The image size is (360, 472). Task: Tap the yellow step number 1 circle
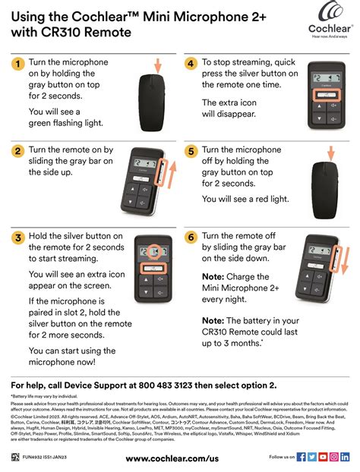(17, 64)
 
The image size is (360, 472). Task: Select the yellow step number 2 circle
(17, 151)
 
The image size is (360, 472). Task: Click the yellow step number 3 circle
(17, 238)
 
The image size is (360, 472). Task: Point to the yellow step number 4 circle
(191, 64)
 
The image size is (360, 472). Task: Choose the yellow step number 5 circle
(191, 151)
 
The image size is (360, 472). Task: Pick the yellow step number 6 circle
(191, 238)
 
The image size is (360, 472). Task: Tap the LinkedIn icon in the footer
(346, 457)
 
